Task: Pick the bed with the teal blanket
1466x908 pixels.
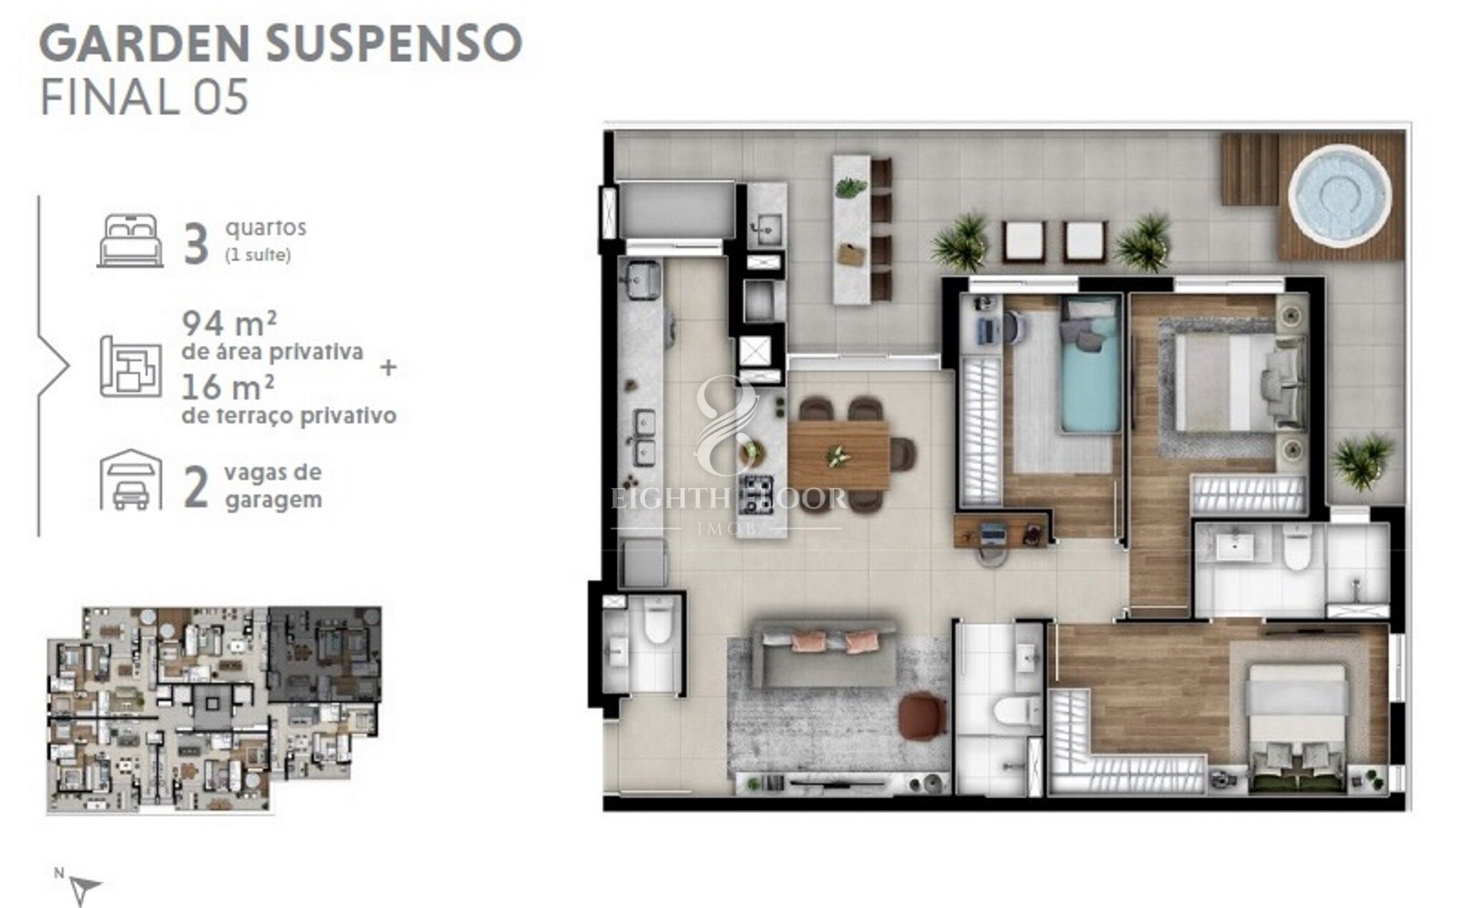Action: (x=1090, y=365)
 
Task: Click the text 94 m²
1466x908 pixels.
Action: (x=230, y=324)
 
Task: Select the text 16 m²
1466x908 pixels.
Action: (x=228, y=388)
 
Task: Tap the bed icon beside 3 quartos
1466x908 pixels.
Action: (x=130, y=240)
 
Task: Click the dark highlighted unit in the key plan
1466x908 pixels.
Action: (x=324, y=656)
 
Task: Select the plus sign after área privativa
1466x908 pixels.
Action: (x=389, y=368)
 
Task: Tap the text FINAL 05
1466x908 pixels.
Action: (x=145, y=97)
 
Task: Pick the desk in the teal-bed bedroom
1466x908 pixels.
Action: (x=1001, y=529)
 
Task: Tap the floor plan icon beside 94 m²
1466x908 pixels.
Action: (x=130, y=365)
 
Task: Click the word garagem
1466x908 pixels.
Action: (x=273, y=500)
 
